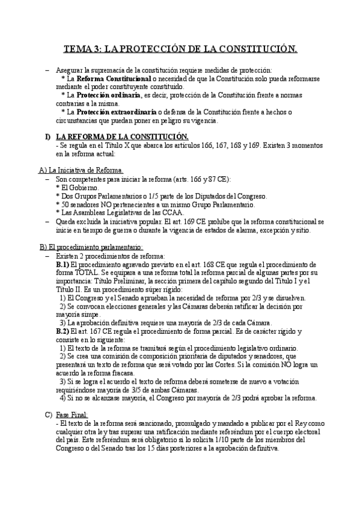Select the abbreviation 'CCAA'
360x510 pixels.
(x=174, y=212)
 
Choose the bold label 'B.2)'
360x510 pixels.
(x=63, y=331)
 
